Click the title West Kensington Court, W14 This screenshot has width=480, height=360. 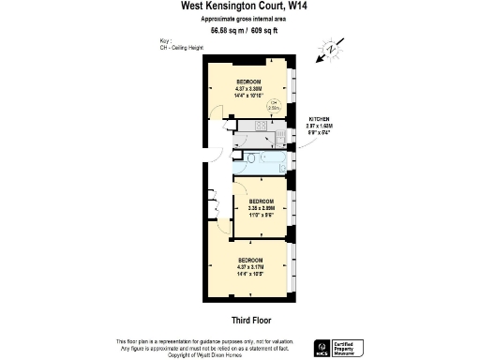click(239, 6)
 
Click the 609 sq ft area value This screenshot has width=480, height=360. click(263, 30)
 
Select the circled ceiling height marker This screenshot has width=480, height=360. click(274, 105)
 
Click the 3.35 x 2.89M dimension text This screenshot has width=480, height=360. click(260, 207)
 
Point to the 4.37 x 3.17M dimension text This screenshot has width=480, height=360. click(250, 265)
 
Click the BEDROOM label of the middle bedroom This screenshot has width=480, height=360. click(260, 201)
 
